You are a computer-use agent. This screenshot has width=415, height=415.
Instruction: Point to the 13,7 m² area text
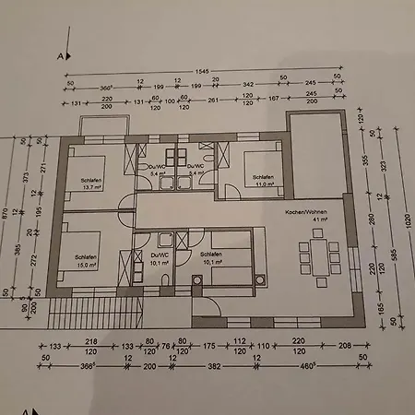click(89, 187)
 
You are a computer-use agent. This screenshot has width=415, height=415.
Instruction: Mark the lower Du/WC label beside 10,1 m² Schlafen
click(159, 254)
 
